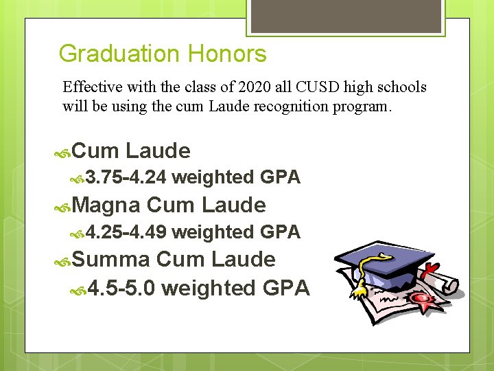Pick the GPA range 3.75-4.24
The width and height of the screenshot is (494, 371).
127,178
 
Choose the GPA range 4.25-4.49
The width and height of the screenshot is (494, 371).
127,233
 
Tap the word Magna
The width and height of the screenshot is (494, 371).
106,205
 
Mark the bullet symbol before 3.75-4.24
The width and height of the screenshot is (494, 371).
79,179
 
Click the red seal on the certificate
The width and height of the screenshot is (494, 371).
421,299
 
